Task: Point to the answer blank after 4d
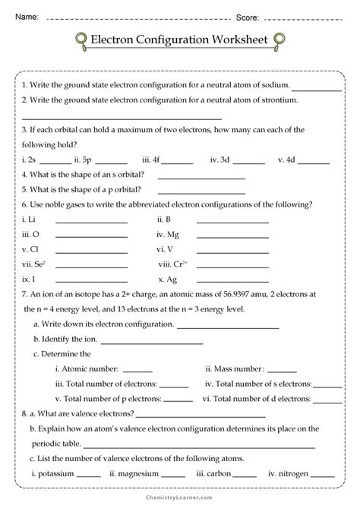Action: click(314, 162)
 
